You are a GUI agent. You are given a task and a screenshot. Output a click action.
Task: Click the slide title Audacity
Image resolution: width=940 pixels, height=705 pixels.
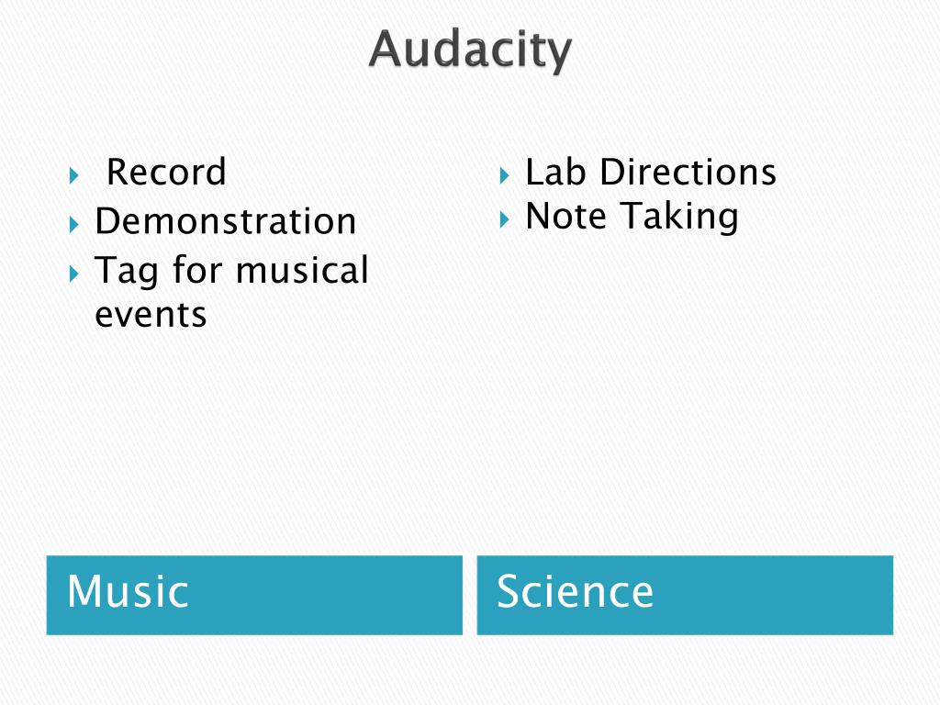pos(470,50)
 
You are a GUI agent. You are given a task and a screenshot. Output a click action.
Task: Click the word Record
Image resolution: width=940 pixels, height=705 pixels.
pos(166,173)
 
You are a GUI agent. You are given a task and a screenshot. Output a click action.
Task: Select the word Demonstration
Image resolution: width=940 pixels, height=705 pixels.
pos(226,221)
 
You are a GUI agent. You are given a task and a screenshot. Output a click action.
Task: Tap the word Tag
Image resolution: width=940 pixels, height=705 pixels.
pos(127,272)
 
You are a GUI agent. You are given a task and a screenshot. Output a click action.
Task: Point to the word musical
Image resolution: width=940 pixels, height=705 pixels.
pos(302,271)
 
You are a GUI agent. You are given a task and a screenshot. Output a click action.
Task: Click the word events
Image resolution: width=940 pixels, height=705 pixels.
pos(151,315)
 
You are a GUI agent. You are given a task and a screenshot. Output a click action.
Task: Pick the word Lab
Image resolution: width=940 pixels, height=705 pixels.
pos(555,172)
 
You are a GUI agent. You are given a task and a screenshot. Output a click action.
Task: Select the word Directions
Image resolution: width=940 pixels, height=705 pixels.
pos(688,172)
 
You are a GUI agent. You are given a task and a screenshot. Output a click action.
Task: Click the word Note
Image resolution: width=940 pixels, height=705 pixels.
pos(566,217)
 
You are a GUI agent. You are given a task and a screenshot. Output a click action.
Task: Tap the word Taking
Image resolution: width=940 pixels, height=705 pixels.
pos(679,218)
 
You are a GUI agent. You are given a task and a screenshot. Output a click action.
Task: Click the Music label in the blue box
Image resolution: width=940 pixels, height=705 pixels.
pos(128,592)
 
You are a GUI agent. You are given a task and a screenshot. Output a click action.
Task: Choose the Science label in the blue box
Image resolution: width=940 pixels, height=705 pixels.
pos(576,592)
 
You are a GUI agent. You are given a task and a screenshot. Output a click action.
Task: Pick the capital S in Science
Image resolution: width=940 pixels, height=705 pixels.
pos(509,592)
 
